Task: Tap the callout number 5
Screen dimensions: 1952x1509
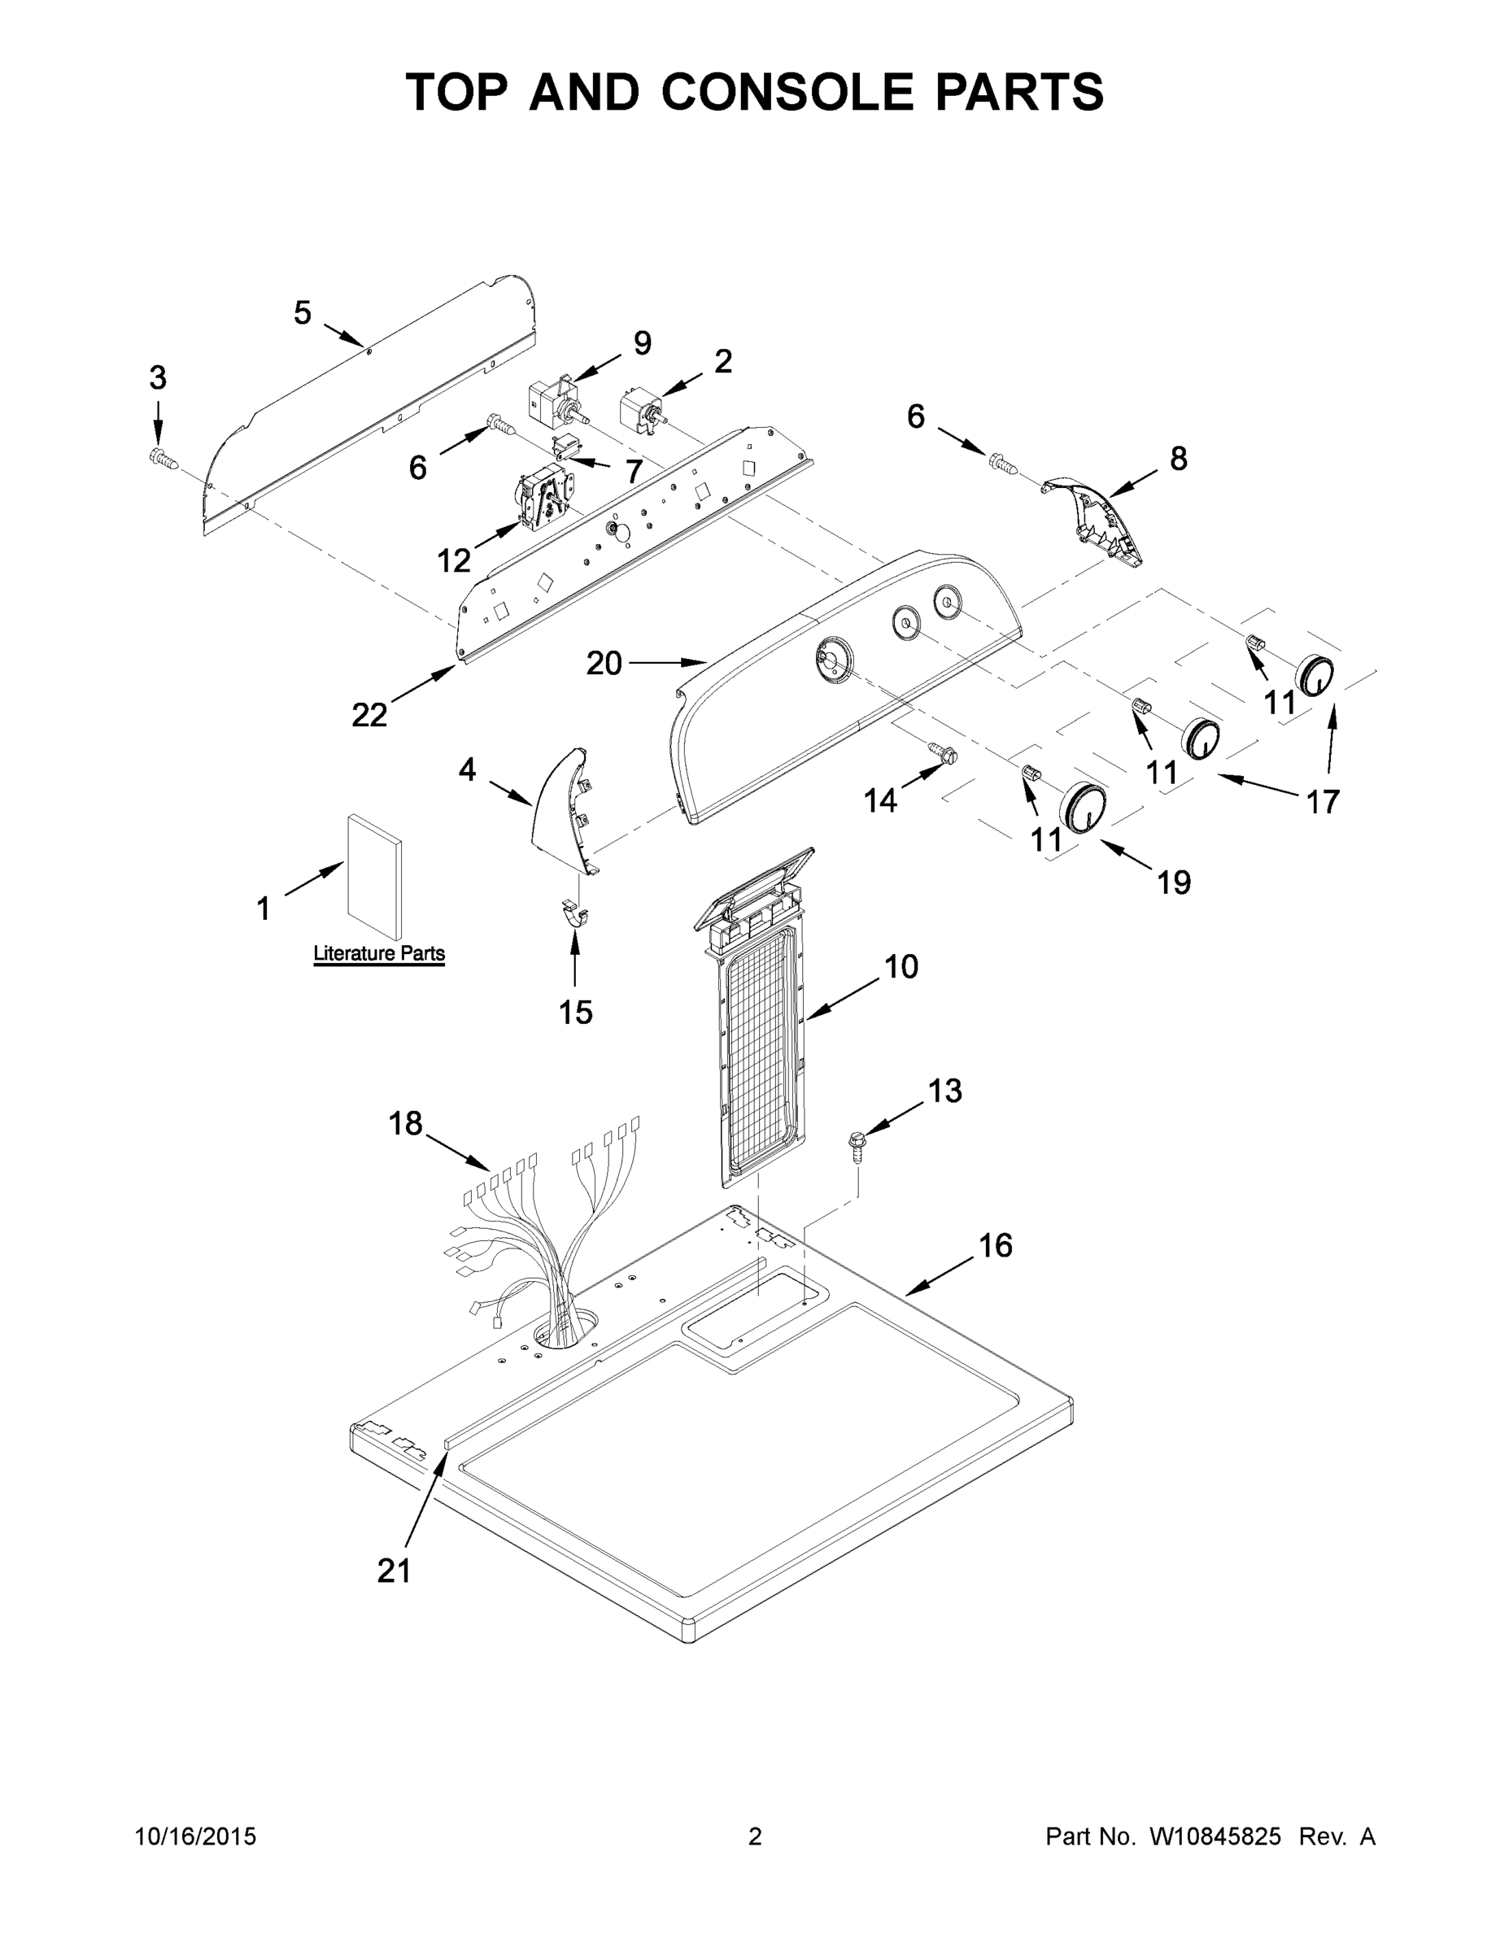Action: click(x=303, y=313)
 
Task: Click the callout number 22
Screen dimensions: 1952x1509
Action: click(x=369, y=714)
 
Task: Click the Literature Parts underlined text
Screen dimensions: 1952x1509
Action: click(x=379, y=954)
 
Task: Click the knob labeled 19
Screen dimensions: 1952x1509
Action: click(x=1083, y=808)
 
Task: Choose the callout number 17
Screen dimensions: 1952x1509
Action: click(x=1323, y=802)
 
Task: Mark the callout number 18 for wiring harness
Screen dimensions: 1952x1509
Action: click(x=405, y=1123)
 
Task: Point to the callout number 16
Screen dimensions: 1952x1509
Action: click(x=995, y=1245)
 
